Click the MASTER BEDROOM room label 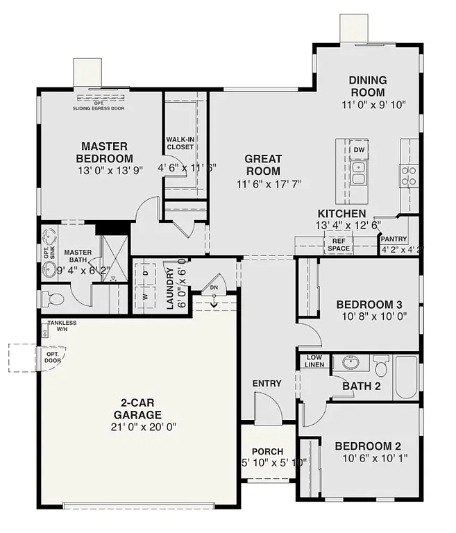[104, 152]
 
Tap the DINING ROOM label [367, 86]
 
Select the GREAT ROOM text [262, 165]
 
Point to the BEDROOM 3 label [369, 304]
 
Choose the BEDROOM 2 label [367, 446]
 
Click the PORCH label [267, 451]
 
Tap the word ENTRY [267, 384]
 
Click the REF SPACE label [338, 244]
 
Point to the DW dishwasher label [359, 150]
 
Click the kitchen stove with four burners [409, 176]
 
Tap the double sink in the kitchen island [359, 173]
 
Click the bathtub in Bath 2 [406, 378]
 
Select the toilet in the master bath [53, 299]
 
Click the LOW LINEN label [315, 361]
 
